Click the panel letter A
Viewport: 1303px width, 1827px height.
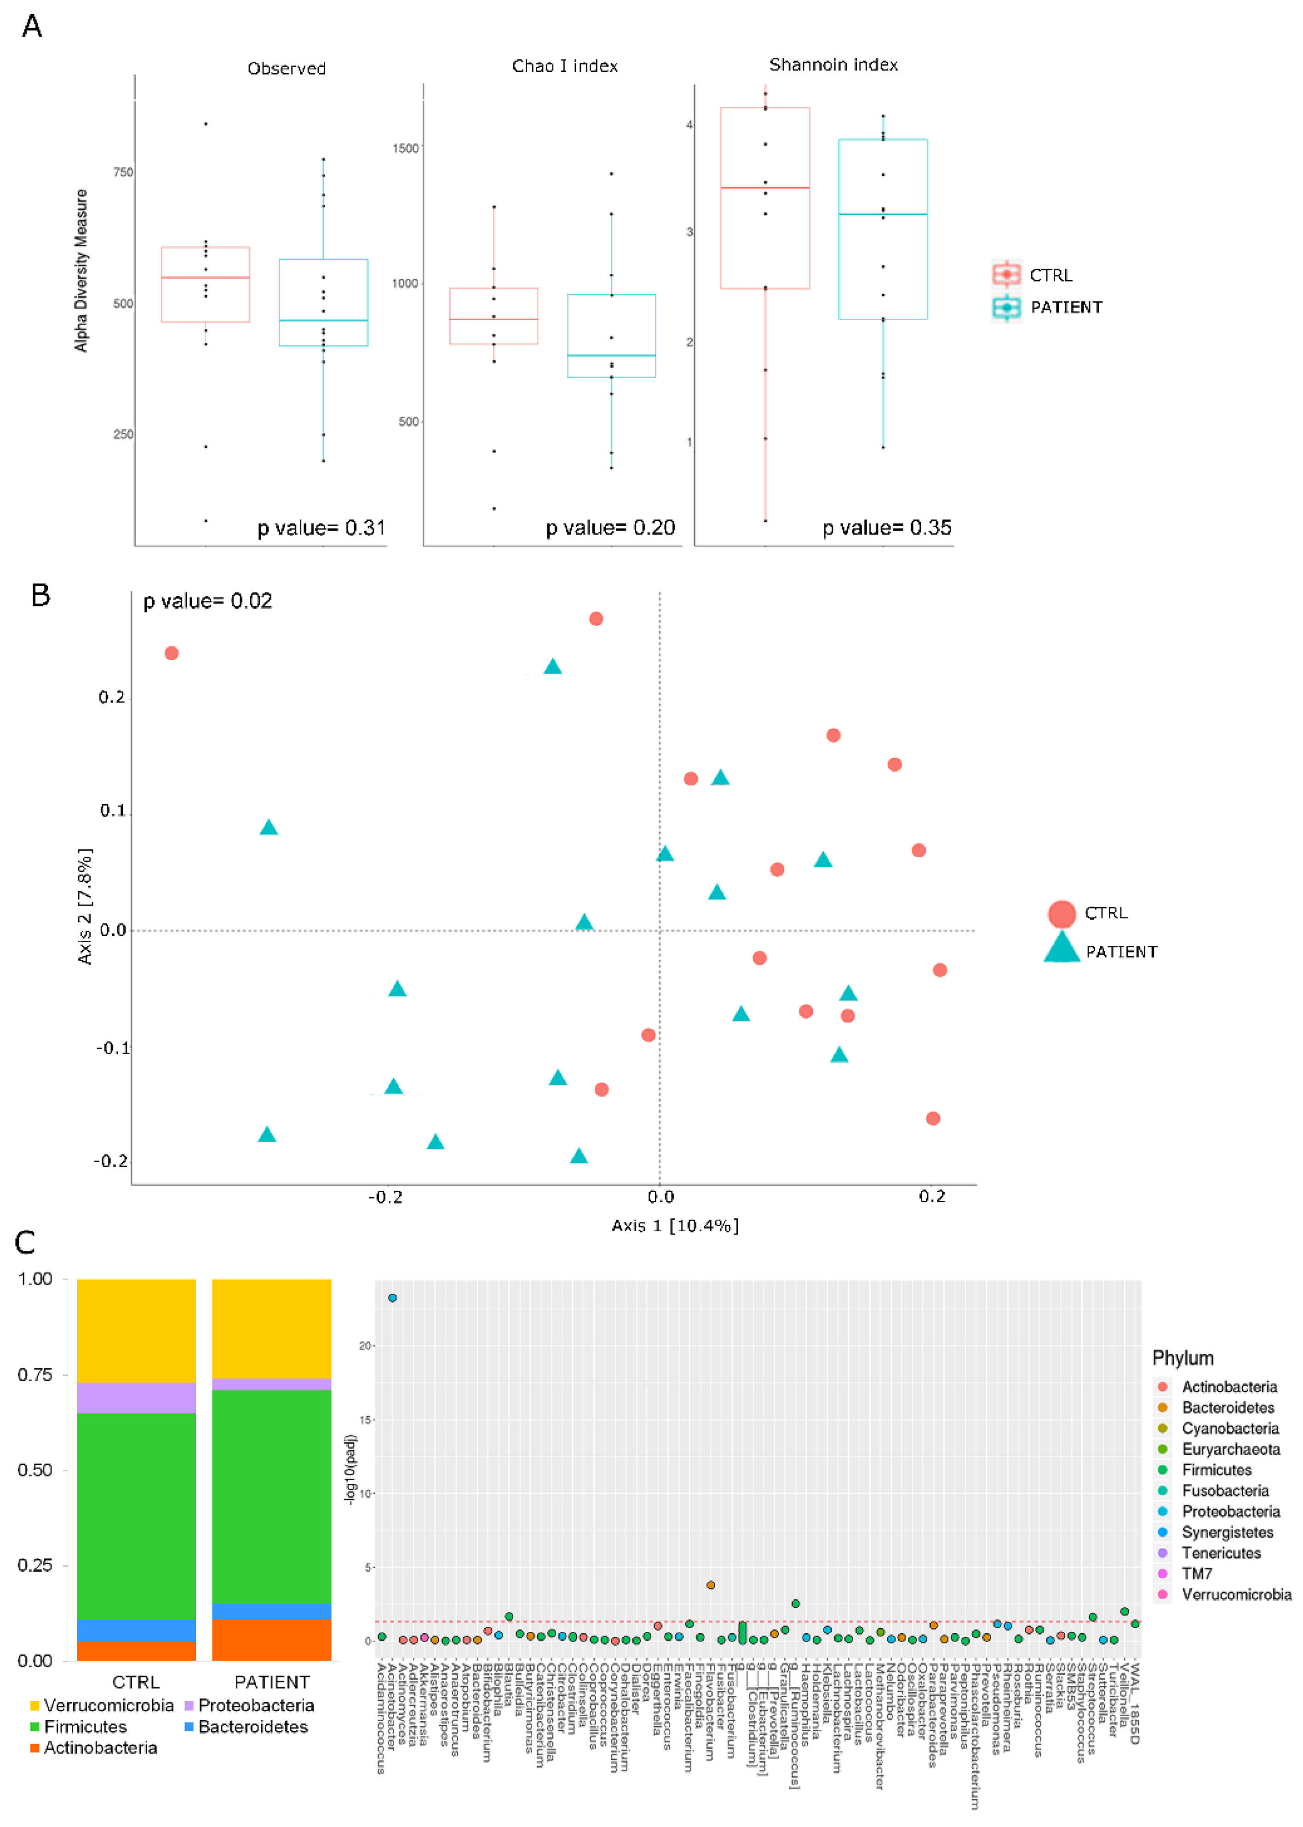pyautogui.click(x=32, y=27)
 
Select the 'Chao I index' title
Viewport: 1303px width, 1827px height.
pyautogui.click(x=565, y=66)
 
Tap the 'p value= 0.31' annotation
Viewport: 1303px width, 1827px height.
pyautogui.click(x=321, y=528)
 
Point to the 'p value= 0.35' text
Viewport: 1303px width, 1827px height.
pyautogui.click(x=887, y=528)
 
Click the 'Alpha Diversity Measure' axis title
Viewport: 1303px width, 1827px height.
pyautogui.click(x=81, y=271)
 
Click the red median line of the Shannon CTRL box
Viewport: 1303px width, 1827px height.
pyautogui.click(x=764, y=188)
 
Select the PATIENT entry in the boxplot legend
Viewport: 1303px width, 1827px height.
pyautogui.click(x=1066, y=307)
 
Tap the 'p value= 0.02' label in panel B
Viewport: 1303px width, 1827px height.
pyautogui.click(x=208, y=601)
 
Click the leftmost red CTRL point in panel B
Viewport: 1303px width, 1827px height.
pyautogui.click(x=172, y=653)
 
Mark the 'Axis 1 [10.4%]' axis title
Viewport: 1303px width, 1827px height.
pyautogui.click(x=675, y=1225)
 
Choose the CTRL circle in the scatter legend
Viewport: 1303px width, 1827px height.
pyautogui.click(x=1062, y=914)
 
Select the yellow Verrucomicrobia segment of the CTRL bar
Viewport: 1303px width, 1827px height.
pyautogui.click(x=137, y=1330)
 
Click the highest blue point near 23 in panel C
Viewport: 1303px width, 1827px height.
pyautogui.click(x=392, y=1297)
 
